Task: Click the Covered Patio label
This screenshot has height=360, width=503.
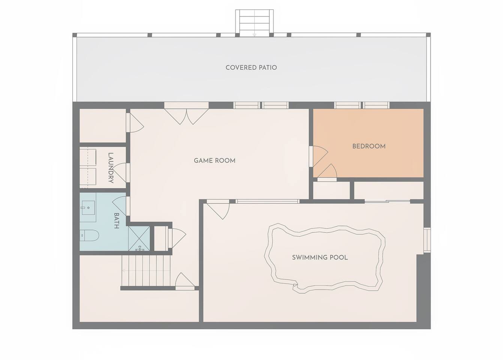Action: (x=251, y=67)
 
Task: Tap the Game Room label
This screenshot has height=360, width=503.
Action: (x=215, y=161)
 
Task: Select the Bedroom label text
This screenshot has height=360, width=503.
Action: (x=369, y=146)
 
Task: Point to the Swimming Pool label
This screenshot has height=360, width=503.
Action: (x=320, y=257)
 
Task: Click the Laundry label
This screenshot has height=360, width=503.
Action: (x=111, y=168)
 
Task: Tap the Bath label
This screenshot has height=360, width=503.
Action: (x=116, y=220)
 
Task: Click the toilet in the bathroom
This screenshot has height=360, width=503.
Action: (x=89, y=235)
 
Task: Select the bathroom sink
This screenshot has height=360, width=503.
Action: (x=89, y=208)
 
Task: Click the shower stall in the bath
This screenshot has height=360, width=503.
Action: (x=139, y=238)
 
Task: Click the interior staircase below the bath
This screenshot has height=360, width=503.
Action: (x=146, y=271)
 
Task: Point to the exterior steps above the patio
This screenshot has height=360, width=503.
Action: (x=254, y=23)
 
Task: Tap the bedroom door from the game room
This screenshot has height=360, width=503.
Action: (x=319, y=156)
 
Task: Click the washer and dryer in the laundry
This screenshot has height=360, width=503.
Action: (x=88, y=167)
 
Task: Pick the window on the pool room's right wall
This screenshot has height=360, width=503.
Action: (x=427, y=240)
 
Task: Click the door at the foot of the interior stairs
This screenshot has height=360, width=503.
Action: (x=185, y=281)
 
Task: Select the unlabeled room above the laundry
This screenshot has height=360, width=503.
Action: (x=103, y=126)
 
